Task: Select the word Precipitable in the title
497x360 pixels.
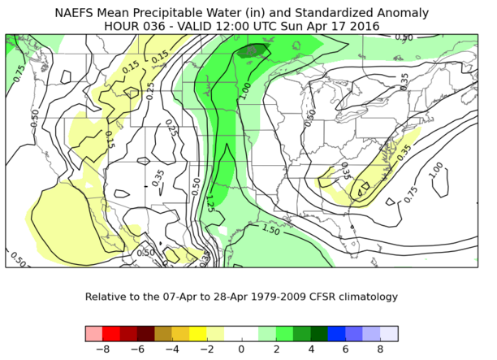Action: click(x=185, y=13)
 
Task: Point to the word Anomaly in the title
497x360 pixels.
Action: click(x=404, y=13)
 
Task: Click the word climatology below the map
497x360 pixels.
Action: click(x=381, y=297)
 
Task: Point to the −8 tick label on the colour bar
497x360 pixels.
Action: click(x=102, y=349)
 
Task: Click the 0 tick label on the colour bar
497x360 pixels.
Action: click(x=241, y=349)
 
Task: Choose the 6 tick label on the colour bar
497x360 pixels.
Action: click(x=345, y=349)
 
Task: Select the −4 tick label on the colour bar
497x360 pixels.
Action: click(x=171, y=349)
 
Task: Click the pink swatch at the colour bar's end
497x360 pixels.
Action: click(x=93, y=334)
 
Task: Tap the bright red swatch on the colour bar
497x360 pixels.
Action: click(x=111, y=334)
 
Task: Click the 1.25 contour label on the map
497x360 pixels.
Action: click(x=210, y=199)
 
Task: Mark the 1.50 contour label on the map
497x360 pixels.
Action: click(x=273, y=230)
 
